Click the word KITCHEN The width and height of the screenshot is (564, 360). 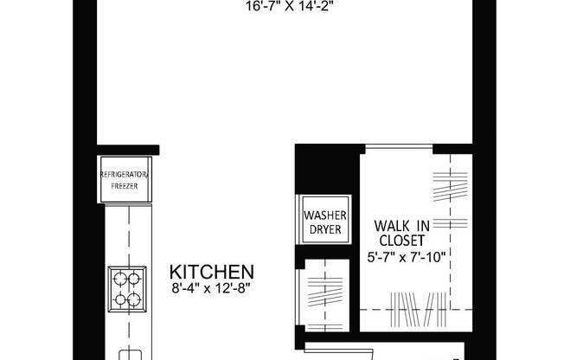(211, 271)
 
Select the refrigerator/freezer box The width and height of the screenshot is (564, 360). (125, 181)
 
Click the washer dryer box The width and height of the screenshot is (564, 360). (324, 222)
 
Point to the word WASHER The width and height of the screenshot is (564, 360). (324, 215)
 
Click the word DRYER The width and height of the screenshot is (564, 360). (324, 230)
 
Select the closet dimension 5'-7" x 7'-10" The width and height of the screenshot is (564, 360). (405, 256)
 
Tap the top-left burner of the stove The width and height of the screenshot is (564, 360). (117, 280)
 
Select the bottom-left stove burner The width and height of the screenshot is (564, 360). (117, 301)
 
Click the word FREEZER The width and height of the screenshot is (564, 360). (125, 186)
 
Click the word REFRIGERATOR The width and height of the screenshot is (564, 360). (125, 176)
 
